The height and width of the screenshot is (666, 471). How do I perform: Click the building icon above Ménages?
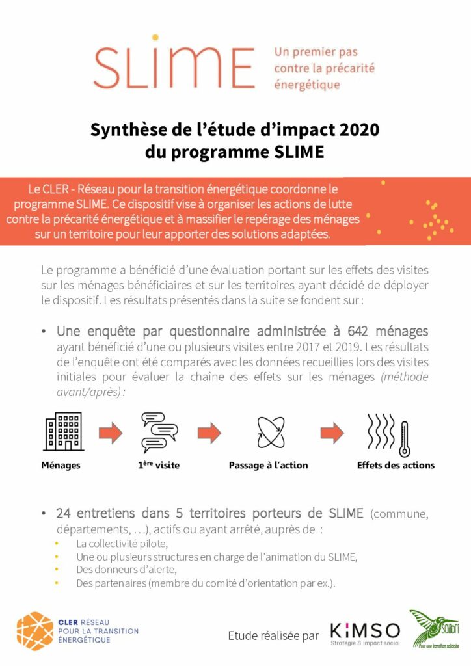click(63, 432)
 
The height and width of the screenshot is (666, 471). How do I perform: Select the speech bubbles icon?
click(159, 432)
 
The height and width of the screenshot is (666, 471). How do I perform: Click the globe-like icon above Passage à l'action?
click(268, 432)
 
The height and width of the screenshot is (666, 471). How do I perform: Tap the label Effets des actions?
click(396, 465)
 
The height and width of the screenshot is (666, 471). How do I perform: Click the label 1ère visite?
click(159, 465)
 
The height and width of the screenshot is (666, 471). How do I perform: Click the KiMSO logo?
click(365, 632)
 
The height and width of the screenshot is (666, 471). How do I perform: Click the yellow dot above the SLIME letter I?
click(155, 37)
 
